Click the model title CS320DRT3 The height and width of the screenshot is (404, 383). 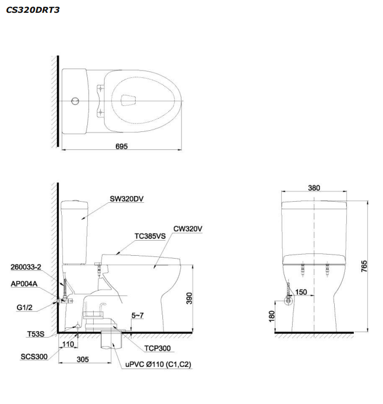click(33, 10)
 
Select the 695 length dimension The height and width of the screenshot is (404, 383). click(122, 146)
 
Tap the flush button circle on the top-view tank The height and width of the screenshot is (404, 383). click(75, 101)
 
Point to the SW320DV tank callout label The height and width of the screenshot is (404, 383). click(127, 199)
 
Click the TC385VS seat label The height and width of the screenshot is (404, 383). click(150, 236)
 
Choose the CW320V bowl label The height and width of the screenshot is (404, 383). click(188, 228)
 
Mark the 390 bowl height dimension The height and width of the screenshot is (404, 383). click(189, 298)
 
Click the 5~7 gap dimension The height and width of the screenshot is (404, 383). click(137, 315)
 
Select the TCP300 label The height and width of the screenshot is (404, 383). click(157, 348)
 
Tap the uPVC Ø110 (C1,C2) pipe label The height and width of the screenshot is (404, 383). click(158, 364)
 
